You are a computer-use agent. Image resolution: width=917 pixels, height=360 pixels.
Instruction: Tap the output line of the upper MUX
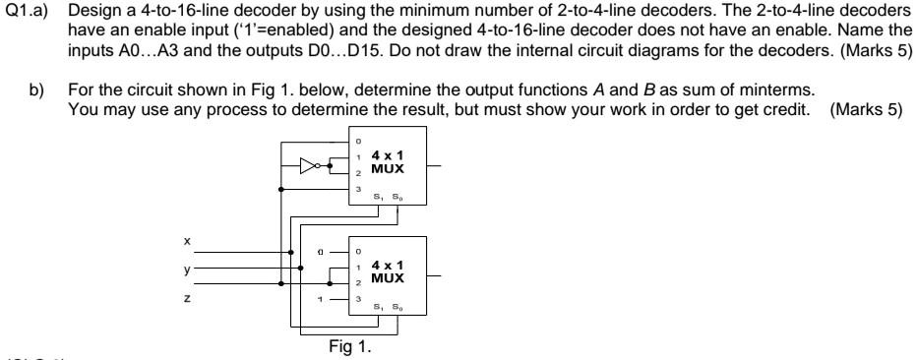(439, 166)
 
